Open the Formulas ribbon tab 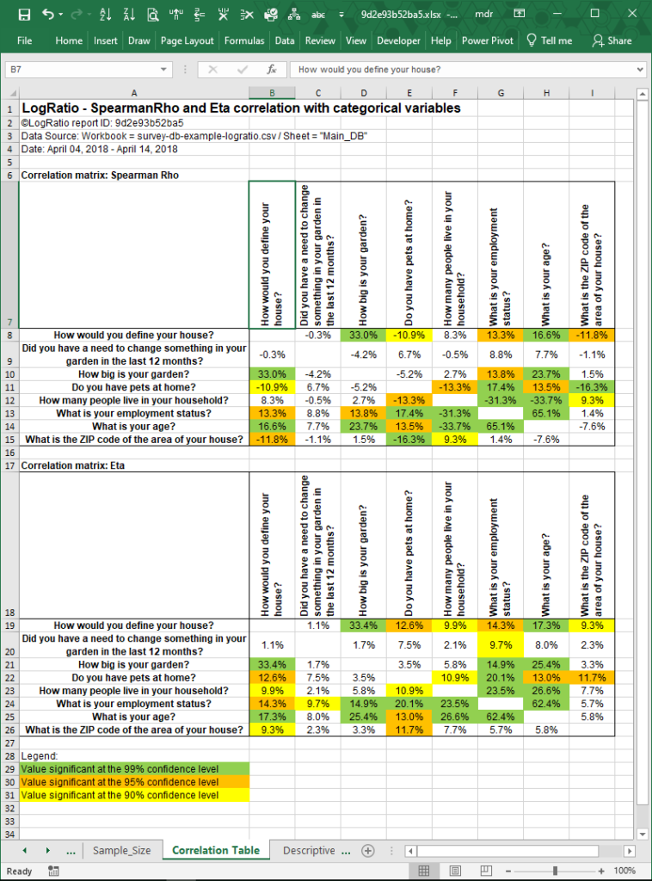(x=244, y=40)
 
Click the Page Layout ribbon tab (x=187, y=40)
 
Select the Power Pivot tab (x=488, y=40)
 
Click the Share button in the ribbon (x=612, y=40)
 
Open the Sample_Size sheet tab (x=121, y=850)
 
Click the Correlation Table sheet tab (x=215, y=850)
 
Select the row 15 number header (x=9, y=440)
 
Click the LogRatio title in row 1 (x=241, y=108)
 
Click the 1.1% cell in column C (x=318, y=625)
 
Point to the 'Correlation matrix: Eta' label (x=68, y=465)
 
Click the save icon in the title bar (x=23, y=15)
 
